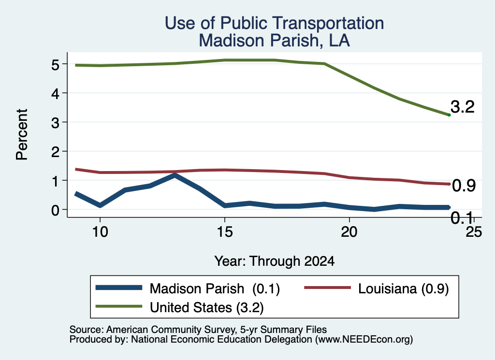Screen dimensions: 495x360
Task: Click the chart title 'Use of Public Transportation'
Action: [x=275, y=23]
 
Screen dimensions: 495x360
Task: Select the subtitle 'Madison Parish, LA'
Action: [x=275, y=41]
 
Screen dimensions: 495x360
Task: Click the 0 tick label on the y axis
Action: [x=55, y=210]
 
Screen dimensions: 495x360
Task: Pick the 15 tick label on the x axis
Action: [x=225, y=232]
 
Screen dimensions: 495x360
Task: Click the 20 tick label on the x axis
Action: [x=349, y=232]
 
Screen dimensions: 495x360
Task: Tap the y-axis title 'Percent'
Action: [x=22, y=134]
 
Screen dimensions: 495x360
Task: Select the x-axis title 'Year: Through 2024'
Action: [x=275, y=261]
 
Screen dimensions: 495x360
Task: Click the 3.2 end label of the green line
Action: [x=463, y=107]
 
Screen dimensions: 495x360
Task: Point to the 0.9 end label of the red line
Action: [x=464, y=186]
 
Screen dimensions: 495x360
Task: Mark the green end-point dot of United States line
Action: [x=449, y=115]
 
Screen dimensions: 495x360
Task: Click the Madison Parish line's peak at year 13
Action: [x=175, y=175]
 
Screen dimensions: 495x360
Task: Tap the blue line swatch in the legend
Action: [x=119, y=288]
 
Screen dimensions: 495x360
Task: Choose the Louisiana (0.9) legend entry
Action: [x=403, y=288]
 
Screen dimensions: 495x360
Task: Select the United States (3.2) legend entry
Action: [x=207, y=307]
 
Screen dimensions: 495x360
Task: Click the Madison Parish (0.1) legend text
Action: [x=215, y=288]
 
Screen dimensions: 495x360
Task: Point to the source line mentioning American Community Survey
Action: [x=198, y=330]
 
